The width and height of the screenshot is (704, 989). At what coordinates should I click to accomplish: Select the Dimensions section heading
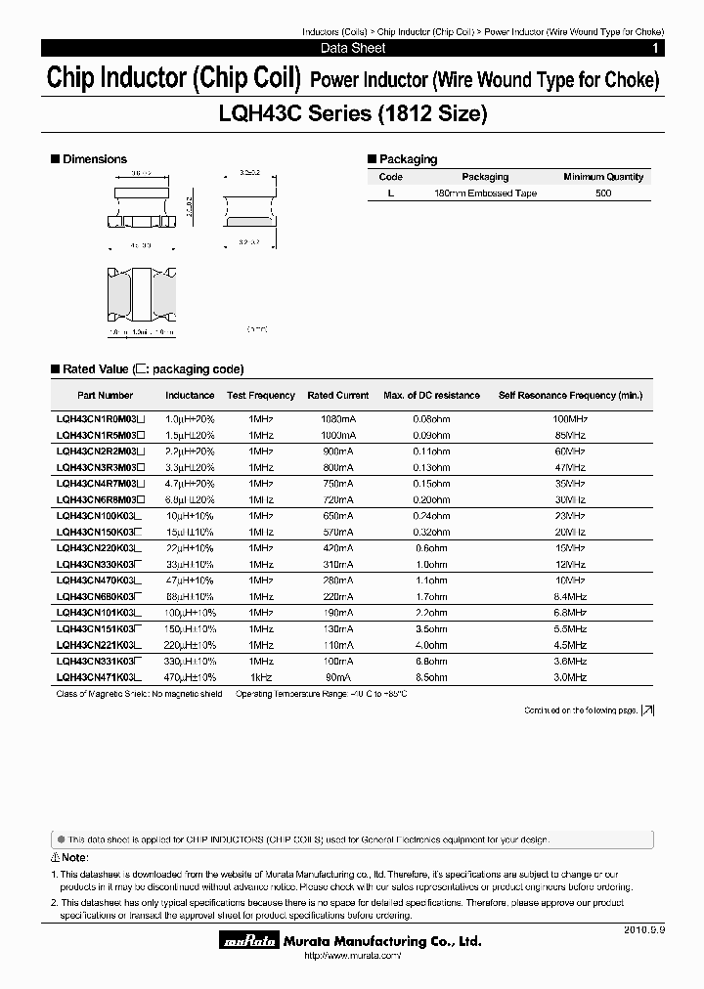tap(94, 159)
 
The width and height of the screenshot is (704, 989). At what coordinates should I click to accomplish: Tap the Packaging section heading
tap(408, 159)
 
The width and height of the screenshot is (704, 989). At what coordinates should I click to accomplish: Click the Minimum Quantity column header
tap(603, 177)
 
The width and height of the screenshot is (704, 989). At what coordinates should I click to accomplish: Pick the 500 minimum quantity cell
tap(603, 193)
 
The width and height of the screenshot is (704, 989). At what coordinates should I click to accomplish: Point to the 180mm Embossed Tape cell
tap(485, 193)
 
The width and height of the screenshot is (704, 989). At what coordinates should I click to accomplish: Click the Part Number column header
tap(105, 396)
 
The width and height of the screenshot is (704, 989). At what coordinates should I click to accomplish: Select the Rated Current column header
tap(338, 396)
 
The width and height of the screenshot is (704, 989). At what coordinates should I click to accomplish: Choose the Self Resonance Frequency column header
tap(570, 396)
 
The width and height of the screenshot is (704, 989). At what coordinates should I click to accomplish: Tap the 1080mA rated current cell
tap(337, 417)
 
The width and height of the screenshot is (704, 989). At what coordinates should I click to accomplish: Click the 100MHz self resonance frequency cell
tap(570, 417)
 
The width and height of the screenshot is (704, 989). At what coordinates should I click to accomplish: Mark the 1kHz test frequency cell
tap(261, 677)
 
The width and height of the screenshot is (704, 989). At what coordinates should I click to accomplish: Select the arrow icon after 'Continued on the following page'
tap(648, 710)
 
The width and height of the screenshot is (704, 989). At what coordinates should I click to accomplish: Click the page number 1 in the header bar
tap(654, 48)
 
